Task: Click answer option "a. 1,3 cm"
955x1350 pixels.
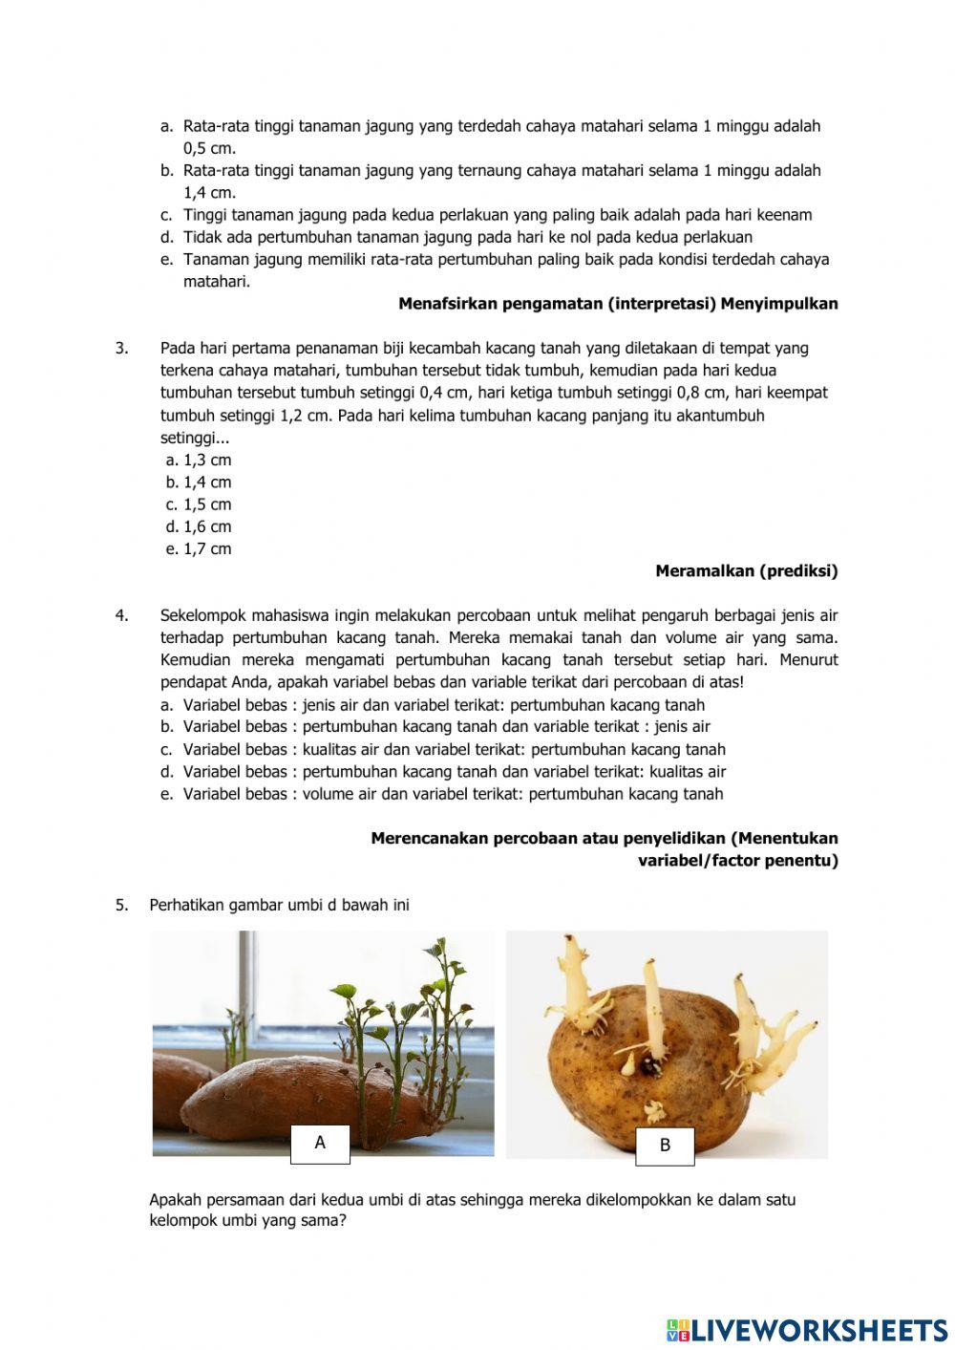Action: coord(199,461)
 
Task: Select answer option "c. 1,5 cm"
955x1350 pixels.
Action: coord(199,504)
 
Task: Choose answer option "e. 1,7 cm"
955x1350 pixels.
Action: coord(199,549)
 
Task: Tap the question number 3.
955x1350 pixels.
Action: coord(121,349)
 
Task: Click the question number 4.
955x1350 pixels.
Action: coord(121,616)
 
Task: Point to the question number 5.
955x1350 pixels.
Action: coord(121,905)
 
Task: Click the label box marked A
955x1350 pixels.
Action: coord(320,1144)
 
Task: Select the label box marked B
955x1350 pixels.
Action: coord(665,1146)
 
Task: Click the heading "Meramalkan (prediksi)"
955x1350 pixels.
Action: coord(746,571)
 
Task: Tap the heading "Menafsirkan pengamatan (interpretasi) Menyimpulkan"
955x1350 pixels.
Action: coord(618,304)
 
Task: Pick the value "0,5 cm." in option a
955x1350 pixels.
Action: coord(209,148)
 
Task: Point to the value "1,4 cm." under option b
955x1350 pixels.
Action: coord(209,193)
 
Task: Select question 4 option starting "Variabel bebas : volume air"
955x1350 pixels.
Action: coord(453,794)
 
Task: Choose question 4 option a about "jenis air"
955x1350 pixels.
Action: coord(443,705)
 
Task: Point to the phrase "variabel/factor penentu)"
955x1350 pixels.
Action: coord(737,861)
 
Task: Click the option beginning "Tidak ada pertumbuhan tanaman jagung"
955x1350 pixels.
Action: coord(467,237)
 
